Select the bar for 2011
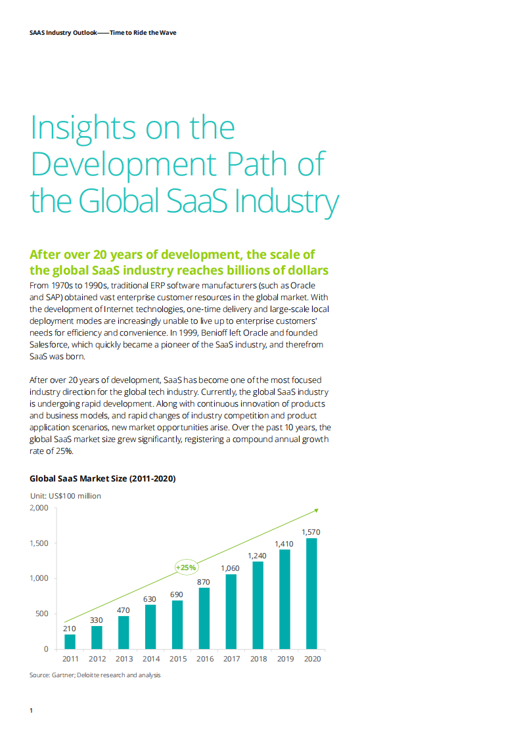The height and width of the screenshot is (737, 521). pyautogui.click(x=70, y=641)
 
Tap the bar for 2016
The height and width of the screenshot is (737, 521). pyautogui.click(x=204, y=618)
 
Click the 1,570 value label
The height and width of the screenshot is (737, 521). pyautogui.click(x=311, y=531)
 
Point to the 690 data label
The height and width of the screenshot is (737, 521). pyautogui.click(x=177, y=594)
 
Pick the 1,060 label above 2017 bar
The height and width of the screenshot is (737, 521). pyautogui.click(x=231, y=568)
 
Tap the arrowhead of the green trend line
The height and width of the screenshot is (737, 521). pyautogui.click(x=316, y=510)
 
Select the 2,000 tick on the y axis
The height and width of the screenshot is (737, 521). pyautogui.click(x=39, y=508)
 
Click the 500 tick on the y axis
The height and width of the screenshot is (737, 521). pyautogui.click(x=42, y=614)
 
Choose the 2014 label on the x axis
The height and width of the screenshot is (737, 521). pyautogui.click(x=150, y=659)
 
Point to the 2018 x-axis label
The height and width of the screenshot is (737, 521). pyautogui.click(x=258, y=659)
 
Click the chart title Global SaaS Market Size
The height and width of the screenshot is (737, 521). pyautogui.click(x=102, y=479)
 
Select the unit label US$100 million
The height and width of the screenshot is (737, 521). pyautogui.click(x=66, y=496)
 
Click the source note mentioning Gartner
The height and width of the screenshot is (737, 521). pyautogui.click(x=95, y=675)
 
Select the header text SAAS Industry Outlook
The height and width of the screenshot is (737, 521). pyautogui.click(x=60, y=32)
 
